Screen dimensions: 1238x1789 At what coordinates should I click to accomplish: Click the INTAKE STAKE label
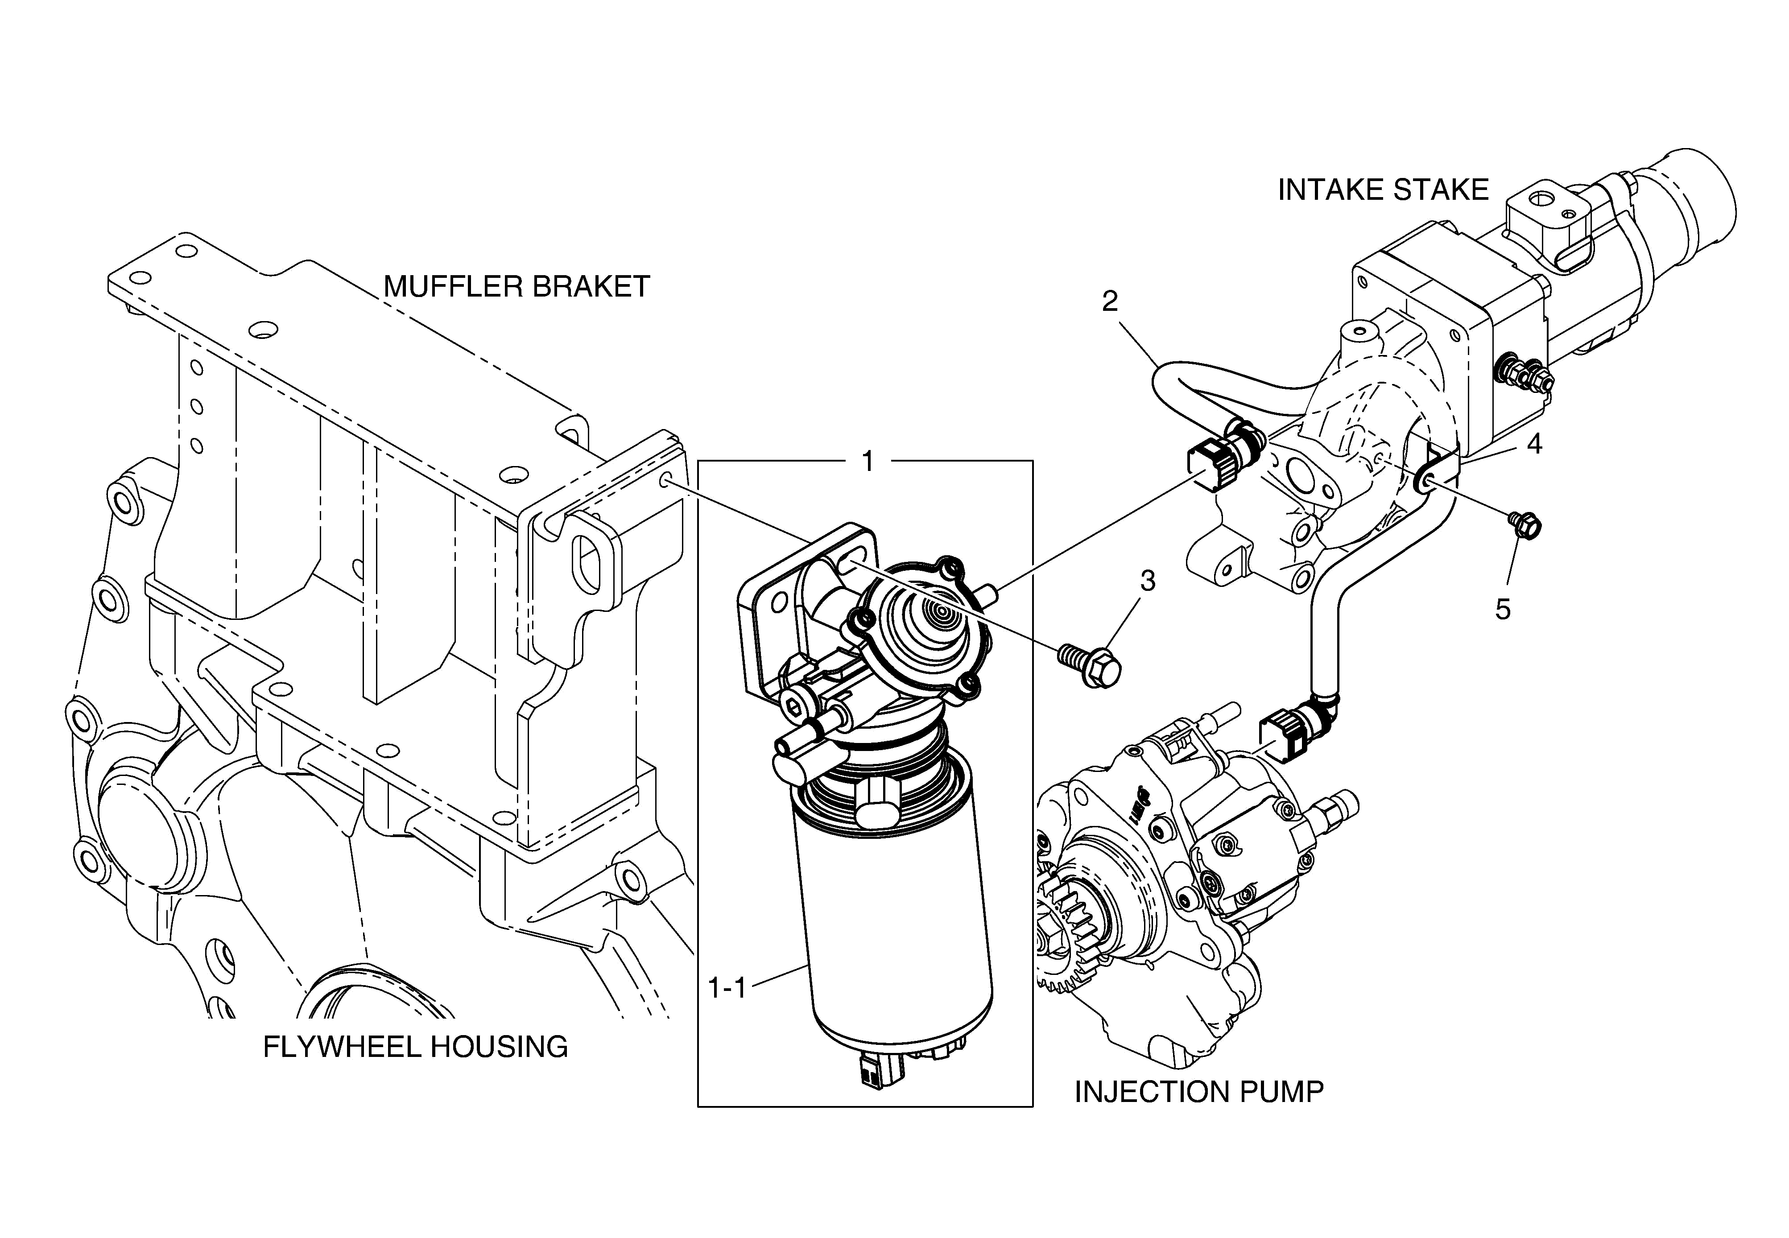(1383, 190)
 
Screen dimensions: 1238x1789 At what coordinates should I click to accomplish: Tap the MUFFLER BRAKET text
(516, 287)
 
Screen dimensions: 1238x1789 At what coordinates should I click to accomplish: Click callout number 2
(1110, 301)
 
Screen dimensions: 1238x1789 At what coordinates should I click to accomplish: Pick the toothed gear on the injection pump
(1067, 931)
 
